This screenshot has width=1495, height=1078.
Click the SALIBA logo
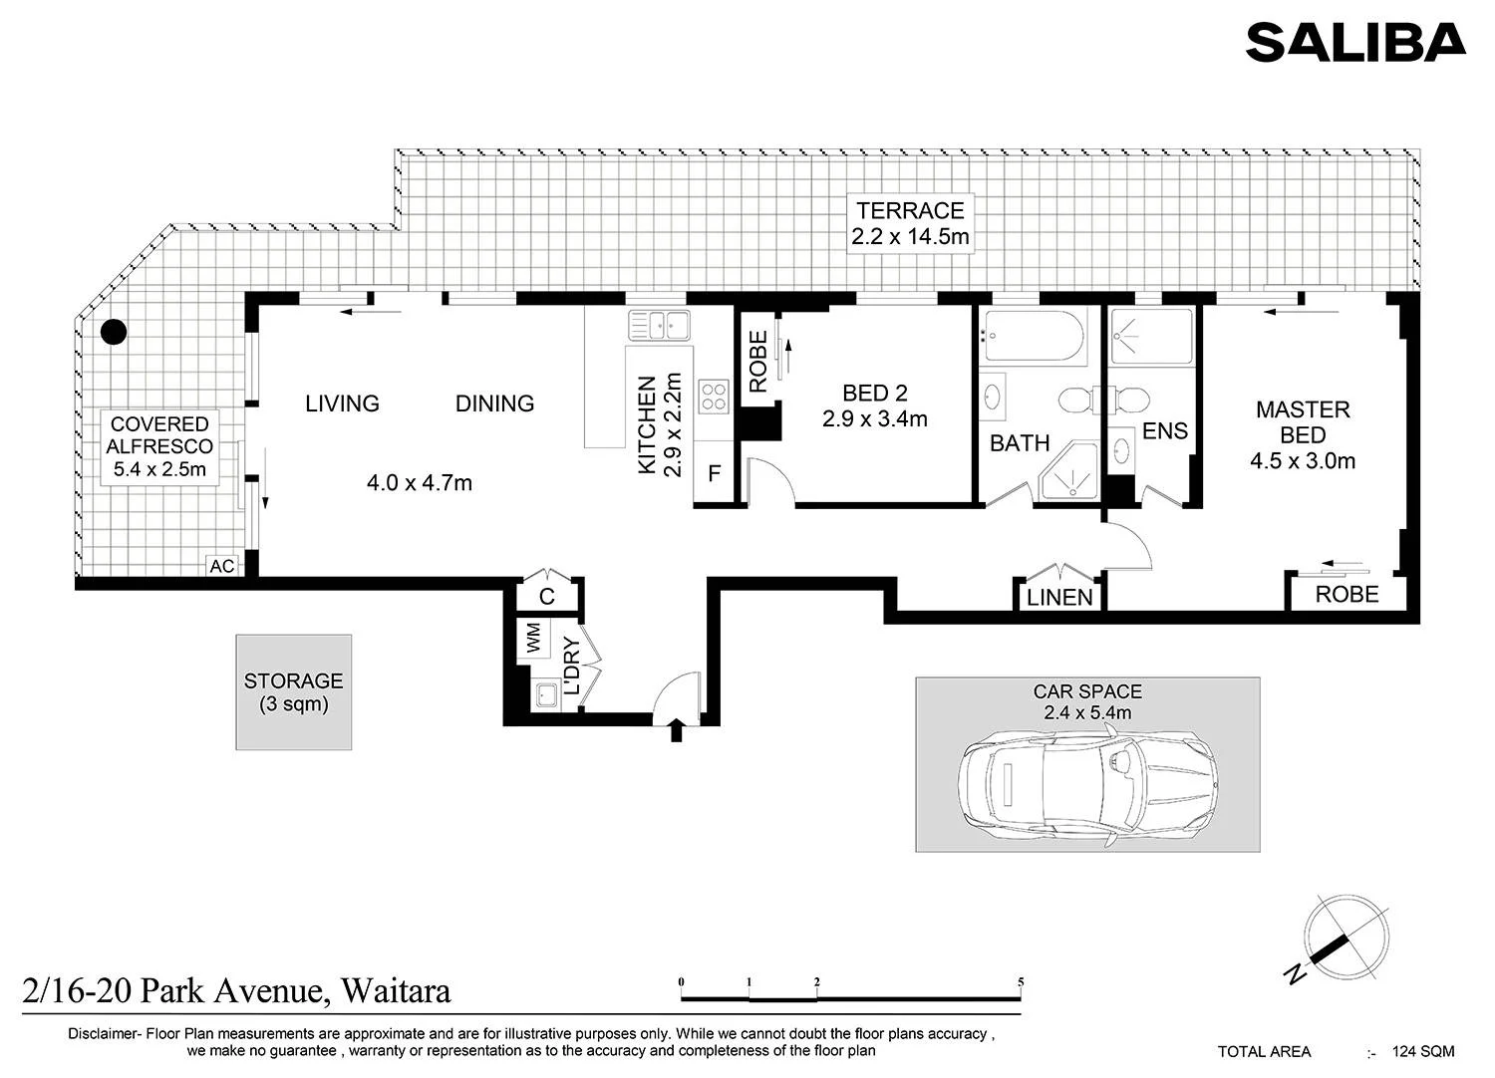coord(1355,43)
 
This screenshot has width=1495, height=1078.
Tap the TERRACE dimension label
coord(910,223)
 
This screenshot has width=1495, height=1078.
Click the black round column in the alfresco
coord(114,332)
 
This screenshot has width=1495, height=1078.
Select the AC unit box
coord(222,566)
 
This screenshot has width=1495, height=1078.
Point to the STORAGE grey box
coord(294,691)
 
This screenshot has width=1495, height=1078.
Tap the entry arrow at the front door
coord(676,729)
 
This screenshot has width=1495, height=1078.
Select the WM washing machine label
coord(534,639)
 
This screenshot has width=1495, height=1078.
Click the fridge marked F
coord(715,473)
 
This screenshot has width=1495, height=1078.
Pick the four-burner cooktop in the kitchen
coord(714,397)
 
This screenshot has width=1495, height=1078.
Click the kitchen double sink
coord(659,326)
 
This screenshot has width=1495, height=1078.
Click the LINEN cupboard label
coord(1059,597)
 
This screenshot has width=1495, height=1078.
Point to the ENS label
coord(1165,431)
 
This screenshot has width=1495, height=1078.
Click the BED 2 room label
coord(874,393)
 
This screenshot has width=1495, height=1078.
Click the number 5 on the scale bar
coord(1021,982)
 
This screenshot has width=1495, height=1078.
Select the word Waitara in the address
coord(396,990)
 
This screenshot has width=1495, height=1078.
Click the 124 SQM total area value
coord(1423,1052)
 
